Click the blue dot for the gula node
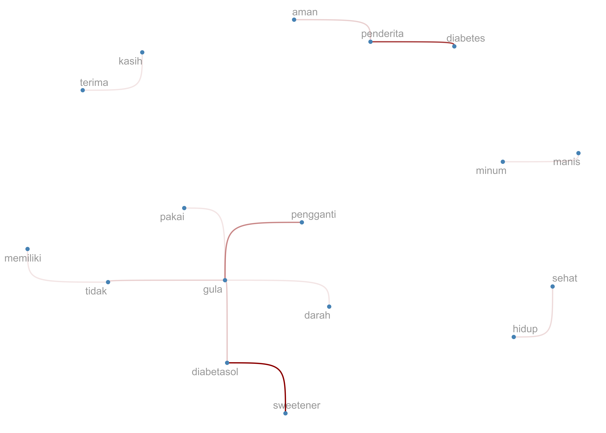pos(225,280)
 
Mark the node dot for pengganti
pos(302,222)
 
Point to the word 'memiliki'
pos(23,258)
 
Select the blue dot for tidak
pos(108,282)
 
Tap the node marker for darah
pos(329,307)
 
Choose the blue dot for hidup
pos(514,337)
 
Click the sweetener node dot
pos(285,413)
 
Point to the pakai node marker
pos(184,208)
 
